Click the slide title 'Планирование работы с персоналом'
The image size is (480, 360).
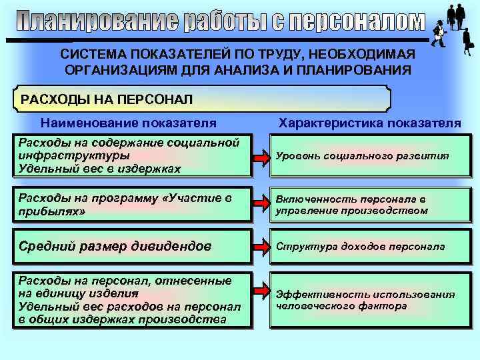[x=220, y=23]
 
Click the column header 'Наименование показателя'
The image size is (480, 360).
[x=129, y=123]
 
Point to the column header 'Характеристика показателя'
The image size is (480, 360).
[x=369, y=123]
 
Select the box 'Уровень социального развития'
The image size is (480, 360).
[x=369, y=155]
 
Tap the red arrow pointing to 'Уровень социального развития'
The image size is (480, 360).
[x=261, y=155]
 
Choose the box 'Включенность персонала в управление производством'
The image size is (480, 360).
[x=369, y=205]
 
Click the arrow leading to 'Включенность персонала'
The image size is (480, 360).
[x=261, y=205]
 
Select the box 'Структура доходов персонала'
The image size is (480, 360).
[x=369, y=246]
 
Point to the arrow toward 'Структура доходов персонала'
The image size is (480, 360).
[x=261, y=246]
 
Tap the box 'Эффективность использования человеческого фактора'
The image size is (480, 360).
[x=369, y=300]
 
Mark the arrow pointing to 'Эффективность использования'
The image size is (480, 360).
[x=261, y=294]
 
